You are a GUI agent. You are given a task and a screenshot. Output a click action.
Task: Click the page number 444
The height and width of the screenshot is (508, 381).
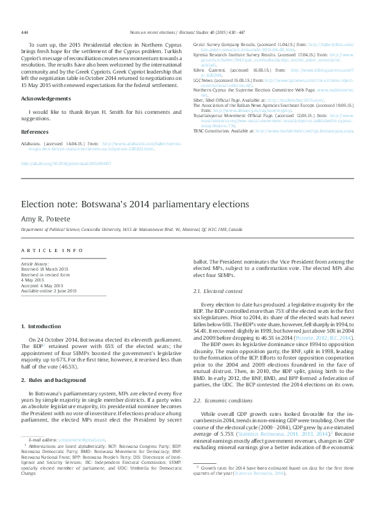coord(24,32)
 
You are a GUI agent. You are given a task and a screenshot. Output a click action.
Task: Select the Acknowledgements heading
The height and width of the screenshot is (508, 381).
coord(46,99)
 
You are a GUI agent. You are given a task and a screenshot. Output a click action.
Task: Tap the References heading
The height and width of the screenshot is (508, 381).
coord(35,131)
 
